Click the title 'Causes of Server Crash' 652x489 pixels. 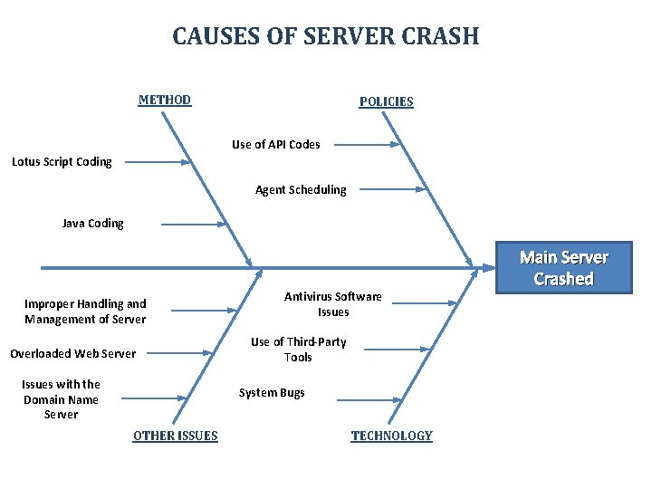(x=325, y=36)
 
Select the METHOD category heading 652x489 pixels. (x=164, y=100)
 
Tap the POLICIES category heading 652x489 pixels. (x=386, y=101)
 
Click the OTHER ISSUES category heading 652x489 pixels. (x=175, y=436)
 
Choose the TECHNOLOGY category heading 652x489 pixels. (x=391, y=436)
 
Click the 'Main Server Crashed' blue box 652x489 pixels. (x=563, y=268)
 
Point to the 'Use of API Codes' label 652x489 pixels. (x=275, y=144)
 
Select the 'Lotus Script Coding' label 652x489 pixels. (x=62, y=162)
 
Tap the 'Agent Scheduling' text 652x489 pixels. (x=301, y=189)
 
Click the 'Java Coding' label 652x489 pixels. (x=92, y=223)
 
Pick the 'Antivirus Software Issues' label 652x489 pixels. (x=332, y=303)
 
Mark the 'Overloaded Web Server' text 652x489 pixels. (x=72, y=353)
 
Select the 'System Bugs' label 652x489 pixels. (x=271, y=393)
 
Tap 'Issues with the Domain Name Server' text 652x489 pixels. (x=61, y=399)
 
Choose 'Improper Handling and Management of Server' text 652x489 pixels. (x=84, y=311)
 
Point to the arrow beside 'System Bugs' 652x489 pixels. (x=368, y=398)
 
